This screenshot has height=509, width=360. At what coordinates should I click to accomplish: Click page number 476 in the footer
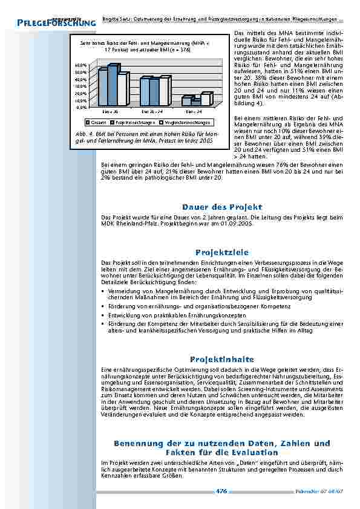pos(221,491)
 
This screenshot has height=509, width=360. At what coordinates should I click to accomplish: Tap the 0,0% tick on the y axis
pos(80,107)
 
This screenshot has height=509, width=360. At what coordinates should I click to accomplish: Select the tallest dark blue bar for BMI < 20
pos(113,85)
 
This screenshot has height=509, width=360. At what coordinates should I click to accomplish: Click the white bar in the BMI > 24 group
pos(206,99)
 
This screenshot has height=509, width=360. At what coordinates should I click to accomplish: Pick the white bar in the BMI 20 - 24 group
pos(164,91)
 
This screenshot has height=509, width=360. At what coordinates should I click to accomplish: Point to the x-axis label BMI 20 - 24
pos(152,112)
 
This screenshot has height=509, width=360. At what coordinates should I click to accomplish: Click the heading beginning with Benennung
pos(223,447)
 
